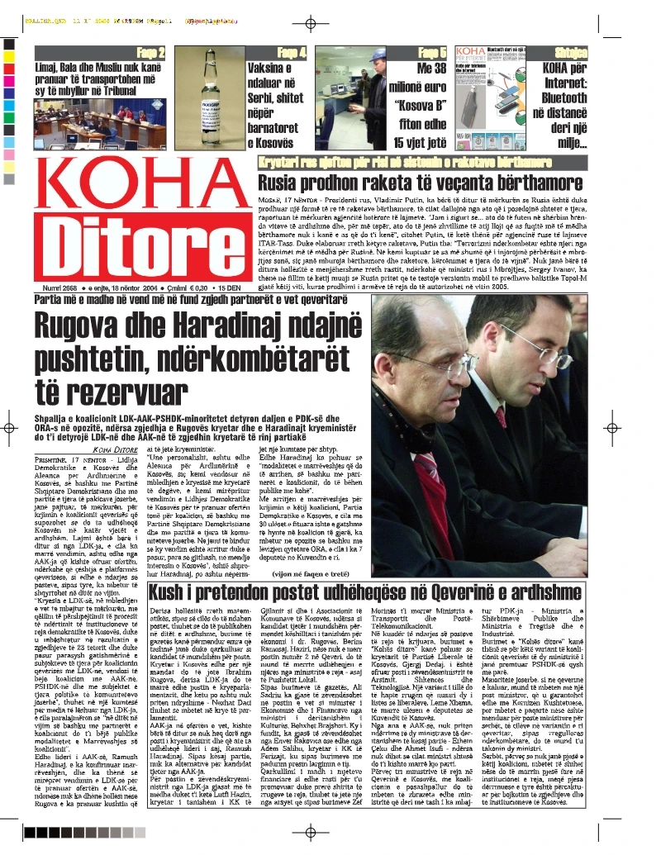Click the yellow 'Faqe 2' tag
click(x=150, y=53)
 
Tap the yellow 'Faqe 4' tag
click(x=292, y=53)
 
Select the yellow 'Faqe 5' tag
click(x=432, y=53)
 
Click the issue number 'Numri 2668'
click(x=55, y=287)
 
